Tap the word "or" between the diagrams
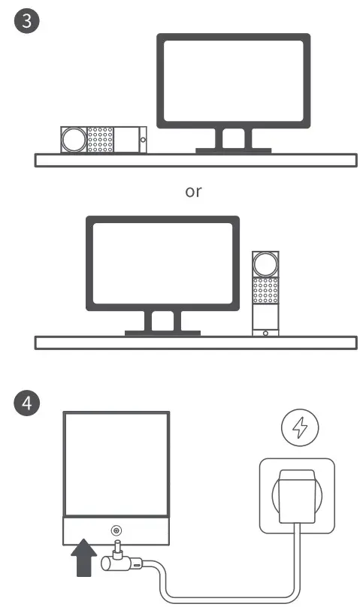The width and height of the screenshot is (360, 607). (193, 192)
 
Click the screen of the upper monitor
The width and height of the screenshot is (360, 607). (233, 81)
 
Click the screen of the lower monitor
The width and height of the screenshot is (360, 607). (162, 263)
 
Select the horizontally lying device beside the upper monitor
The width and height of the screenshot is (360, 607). (103, 140)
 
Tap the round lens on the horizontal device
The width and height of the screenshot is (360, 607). (74, 140)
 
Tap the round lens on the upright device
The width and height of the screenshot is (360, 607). (265, 264)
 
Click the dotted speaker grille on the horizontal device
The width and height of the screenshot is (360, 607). (101, 140)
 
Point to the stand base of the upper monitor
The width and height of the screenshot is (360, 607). (233, 150)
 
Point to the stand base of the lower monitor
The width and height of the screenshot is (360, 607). (162, 331)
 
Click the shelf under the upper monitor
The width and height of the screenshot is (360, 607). (195, 160)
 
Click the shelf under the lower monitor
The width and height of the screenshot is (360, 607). (195, 343)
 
